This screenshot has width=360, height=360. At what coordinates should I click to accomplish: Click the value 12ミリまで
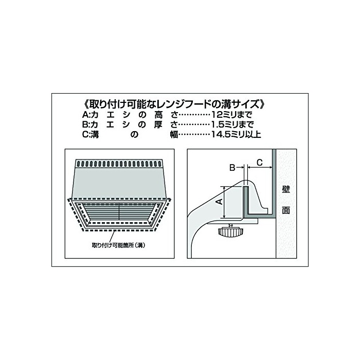[231, 114]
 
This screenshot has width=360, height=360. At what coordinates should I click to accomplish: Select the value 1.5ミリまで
[232, 124]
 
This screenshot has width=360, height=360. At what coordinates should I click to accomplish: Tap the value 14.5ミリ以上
[236, 134]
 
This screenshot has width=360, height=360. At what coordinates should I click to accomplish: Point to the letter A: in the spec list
[86, 114]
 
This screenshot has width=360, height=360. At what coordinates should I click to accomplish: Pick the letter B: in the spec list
[86, 124]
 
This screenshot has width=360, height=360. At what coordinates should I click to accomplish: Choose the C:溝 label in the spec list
[91, 134]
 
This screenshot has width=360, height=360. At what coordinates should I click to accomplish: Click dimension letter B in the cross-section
[232, 168]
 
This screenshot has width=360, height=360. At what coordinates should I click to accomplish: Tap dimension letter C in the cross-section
[259, 163]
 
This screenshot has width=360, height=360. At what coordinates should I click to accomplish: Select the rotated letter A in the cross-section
[220, 202]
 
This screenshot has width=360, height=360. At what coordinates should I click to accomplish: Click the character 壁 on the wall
[286, 190]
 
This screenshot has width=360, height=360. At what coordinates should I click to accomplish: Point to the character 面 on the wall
[286, 210]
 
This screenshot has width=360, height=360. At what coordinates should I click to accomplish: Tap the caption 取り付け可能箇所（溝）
[119, 245]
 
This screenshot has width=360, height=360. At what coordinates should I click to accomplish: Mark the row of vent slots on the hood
[119, 164]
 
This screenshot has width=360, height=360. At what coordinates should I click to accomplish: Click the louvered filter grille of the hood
[119, 211]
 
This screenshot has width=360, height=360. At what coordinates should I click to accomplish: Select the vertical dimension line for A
[224, 202]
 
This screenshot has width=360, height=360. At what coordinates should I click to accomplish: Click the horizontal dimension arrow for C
[260, 168]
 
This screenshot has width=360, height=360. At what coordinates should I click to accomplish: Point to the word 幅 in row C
[174, 134]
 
